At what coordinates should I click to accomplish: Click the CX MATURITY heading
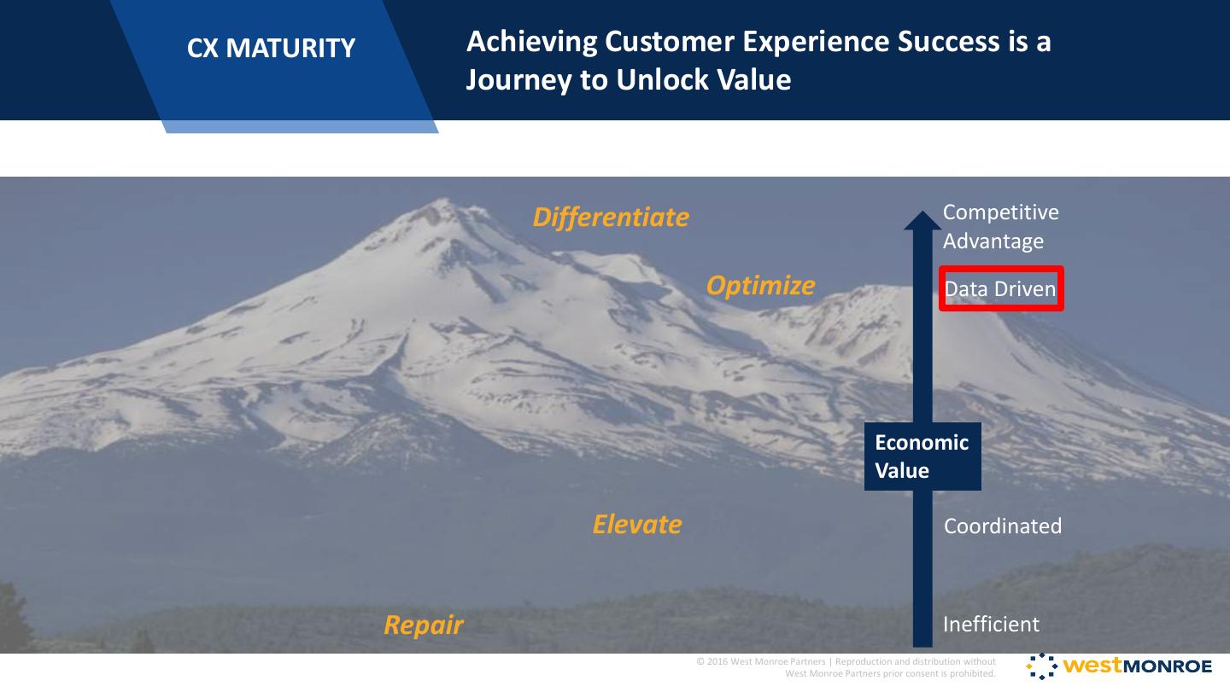coord(272,48)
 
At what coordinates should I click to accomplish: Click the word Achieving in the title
coord(531,42)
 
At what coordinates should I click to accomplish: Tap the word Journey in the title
coord(519,80)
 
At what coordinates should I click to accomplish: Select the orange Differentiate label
coord(612,217)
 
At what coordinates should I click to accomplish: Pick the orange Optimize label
coord(760,286)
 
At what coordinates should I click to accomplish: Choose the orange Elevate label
coord(637,524)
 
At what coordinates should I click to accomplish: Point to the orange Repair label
coord(424,625)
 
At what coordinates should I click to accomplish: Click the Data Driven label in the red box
coord(1000,289)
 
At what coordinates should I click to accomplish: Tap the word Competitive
coord(1000,212)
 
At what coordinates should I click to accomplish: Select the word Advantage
coord(993,241)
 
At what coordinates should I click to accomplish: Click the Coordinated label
coord(1003,526)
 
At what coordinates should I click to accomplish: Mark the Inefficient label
coord(991,624)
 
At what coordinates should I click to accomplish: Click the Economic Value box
coord(922,456)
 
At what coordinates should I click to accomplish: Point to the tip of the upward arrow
coord(922,211)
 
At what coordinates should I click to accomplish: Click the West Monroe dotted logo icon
coord(1042,666)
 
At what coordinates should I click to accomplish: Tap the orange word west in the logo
coord(1092,666)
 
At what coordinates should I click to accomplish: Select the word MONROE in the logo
coord(1168,666)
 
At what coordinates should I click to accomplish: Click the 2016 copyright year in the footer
coord(717,661)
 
